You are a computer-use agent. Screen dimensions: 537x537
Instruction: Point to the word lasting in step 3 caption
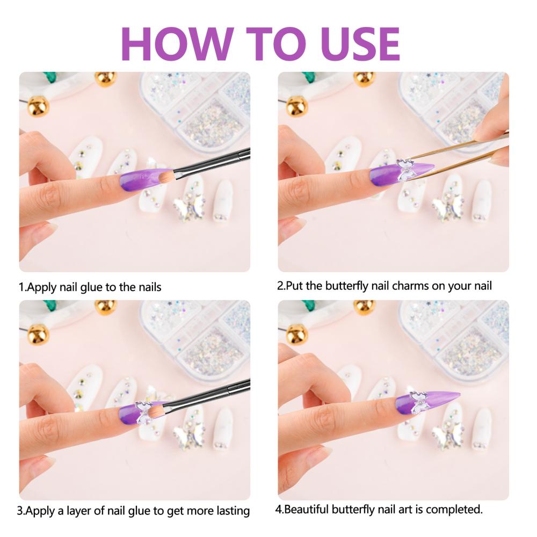[x=233, y=511]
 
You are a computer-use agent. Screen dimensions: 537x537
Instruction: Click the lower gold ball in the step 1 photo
[x=38, y=105]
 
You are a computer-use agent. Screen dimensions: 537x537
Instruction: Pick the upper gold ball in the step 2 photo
[x=365, y=79]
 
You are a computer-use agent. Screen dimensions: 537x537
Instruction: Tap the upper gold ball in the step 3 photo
[x=106, y=307]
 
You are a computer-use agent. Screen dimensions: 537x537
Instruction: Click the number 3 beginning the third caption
[x=20, y=511]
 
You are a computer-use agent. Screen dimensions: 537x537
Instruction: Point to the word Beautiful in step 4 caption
[x=306, y=510]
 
